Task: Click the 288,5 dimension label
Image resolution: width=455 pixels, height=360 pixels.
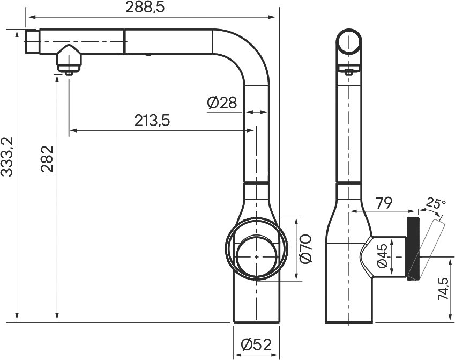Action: click(x=145, y=8)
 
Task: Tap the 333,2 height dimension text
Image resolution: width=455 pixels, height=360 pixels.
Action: click(x=7, y=157)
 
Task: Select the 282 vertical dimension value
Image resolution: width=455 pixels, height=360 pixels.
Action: click(x=47, y=159)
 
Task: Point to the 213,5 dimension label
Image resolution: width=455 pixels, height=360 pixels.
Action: click(x=152, y=121)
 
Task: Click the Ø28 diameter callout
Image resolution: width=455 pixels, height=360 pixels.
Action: click(x=222, y=102)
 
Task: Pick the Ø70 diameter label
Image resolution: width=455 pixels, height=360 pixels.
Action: click(x=305, y=249)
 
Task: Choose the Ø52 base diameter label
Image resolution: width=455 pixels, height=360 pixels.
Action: click(x=256, y=344)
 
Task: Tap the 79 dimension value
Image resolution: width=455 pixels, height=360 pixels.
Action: click(x=384, y=203)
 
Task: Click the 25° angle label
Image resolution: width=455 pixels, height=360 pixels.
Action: click(x=436, y=203)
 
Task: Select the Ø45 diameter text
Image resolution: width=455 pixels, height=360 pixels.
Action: click(x=382, y=256)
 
